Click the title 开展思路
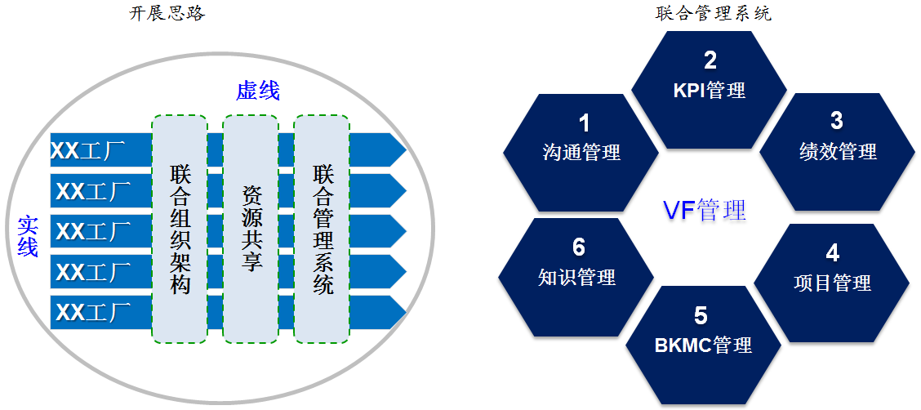167,14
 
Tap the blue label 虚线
258,91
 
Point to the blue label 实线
28,236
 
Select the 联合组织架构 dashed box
180,230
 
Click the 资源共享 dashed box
251,230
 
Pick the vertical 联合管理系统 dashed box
322,230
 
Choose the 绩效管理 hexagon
838,152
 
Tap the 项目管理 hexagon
832,283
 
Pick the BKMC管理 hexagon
703,344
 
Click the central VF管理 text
704,210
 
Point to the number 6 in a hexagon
579,247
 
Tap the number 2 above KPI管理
710,60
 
